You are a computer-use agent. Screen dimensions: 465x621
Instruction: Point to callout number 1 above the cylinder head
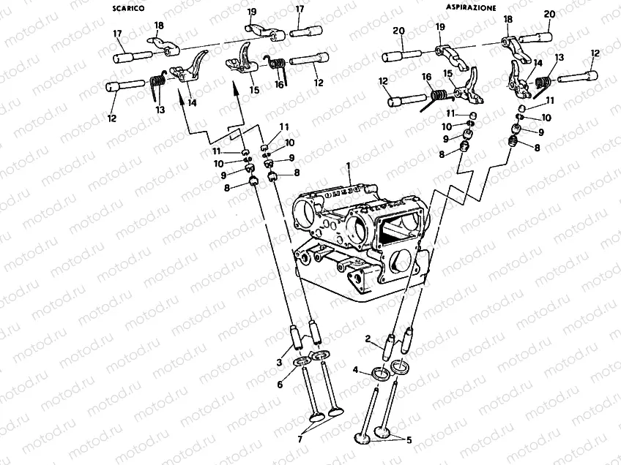pos(350,167)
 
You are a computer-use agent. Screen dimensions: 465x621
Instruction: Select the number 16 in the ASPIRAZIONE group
pos(426,77)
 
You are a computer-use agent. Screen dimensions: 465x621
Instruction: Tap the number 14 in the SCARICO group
pos(193,103)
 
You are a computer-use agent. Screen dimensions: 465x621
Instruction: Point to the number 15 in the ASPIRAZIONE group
pos(449,74)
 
